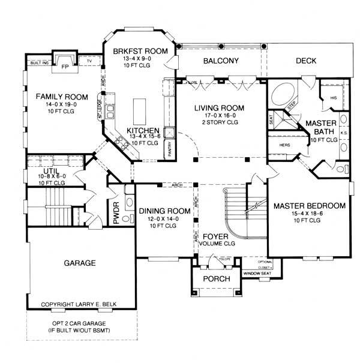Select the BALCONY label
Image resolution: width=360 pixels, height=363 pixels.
(221, 61)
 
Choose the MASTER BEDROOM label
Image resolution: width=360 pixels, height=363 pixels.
(310, 206)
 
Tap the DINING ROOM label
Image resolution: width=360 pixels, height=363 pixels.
(164, 211)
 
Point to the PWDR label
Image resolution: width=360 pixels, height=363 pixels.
(116, 213)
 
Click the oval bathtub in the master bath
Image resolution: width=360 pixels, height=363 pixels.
(282, 95)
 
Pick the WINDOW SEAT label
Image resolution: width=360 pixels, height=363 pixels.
(257, 274)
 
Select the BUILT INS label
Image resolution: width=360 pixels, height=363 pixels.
(38, 62)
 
